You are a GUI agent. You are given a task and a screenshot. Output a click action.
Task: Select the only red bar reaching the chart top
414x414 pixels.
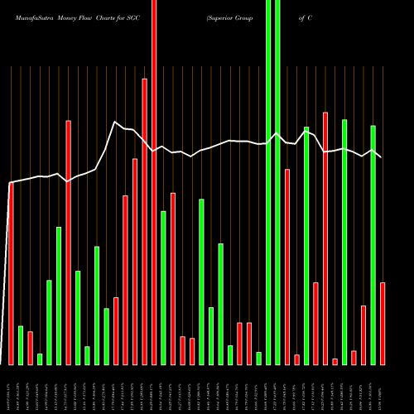(x=154, y=182)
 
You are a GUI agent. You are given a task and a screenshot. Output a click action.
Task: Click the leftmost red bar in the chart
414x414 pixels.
(x=11, y=273)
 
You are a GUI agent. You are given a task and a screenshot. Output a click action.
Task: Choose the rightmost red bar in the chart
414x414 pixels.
(x=383, y=323)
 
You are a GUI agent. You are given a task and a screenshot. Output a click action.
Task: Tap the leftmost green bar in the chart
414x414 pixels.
(x=21, y=345)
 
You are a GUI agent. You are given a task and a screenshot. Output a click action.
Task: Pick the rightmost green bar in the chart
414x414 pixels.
(x=373, y=245)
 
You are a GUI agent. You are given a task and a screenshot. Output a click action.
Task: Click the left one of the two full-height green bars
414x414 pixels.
(x=268, y=182)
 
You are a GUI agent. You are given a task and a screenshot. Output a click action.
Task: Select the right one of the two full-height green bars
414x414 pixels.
(x=277, y=182)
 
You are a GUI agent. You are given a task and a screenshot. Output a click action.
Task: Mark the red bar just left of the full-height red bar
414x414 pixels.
(x=145, y=222)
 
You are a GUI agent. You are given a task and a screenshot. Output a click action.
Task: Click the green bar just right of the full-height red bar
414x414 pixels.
(x=164, y=288)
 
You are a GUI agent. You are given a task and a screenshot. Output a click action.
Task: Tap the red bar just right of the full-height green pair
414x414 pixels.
(x=287, y=267)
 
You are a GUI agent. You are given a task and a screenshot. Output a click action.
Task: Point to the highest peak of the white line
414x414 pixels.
(x=115, y=122)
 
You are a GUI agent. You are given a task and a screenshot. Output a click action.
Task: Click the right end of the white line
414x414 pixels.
(x=381, y=156)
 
